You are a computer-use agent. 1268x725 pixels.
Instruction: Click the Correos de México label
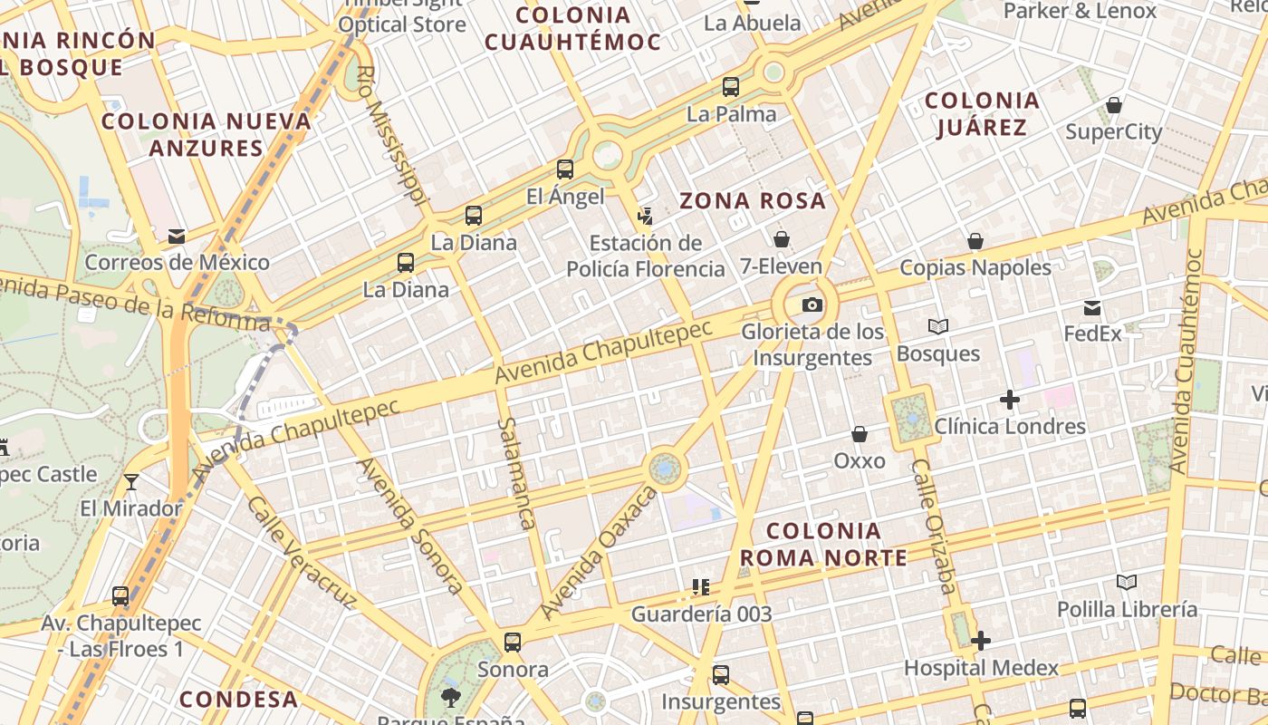click(177, 263)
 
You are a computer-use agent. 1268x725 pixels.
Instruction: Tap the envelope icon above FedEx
click(1092, 308)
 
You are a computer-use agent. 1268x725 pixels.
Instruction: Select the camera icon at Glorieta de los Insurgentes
click(812, 304)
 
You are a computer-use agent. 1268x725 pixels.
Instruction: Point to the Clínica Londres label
click(1010, 426)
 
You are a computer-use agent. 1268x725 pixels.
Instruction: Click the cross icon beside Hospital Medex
click(980, 642)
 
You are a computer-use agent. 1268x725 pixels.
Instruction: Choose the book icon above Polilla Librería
click(1127, 583)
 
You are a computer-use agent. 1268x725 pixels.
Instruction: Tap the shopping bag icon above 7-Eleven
click(781, 239)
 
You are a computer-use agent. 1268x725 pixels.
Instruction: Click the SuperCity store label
click(1113, 131)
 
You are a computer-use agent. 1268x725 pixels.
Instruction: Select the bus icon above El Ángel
click(565, 169)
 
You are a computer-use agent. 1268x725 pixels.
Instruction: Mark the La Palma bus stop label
click(731, 114)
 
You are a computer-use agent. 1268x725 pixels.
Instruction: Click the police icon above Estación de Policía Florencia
click(645, 216)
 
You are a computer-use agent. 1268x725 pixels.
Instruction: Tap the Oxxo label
click(860, 461)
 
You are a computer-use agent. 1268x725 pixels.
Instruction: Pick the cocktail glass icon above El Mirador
click(131, 481)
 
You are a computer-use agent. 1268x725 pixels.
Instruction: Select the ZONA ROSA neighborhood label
click(753, 201)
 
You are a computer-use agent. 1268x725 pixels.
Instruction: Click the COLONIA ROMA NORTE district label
click(822, 544)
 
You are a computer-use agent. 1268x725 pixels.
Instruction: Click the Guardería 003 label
click(701, 614)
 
